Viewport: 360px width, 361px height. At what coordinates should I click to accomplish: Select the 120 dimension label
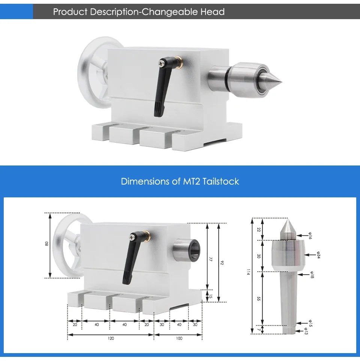110,338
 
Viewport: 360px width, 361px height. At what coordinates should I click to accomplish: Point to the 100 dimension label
179,338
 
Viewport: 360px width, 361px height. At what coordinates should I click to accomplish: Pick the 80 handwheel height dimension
46,244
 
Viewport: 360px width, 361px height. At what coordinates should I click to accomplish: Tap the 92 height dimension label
222,263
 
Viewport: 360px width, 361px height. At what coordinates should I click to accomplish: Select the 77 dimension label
211,259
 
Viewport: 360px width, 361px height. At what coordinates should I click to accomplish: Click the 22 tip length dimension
258,229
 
